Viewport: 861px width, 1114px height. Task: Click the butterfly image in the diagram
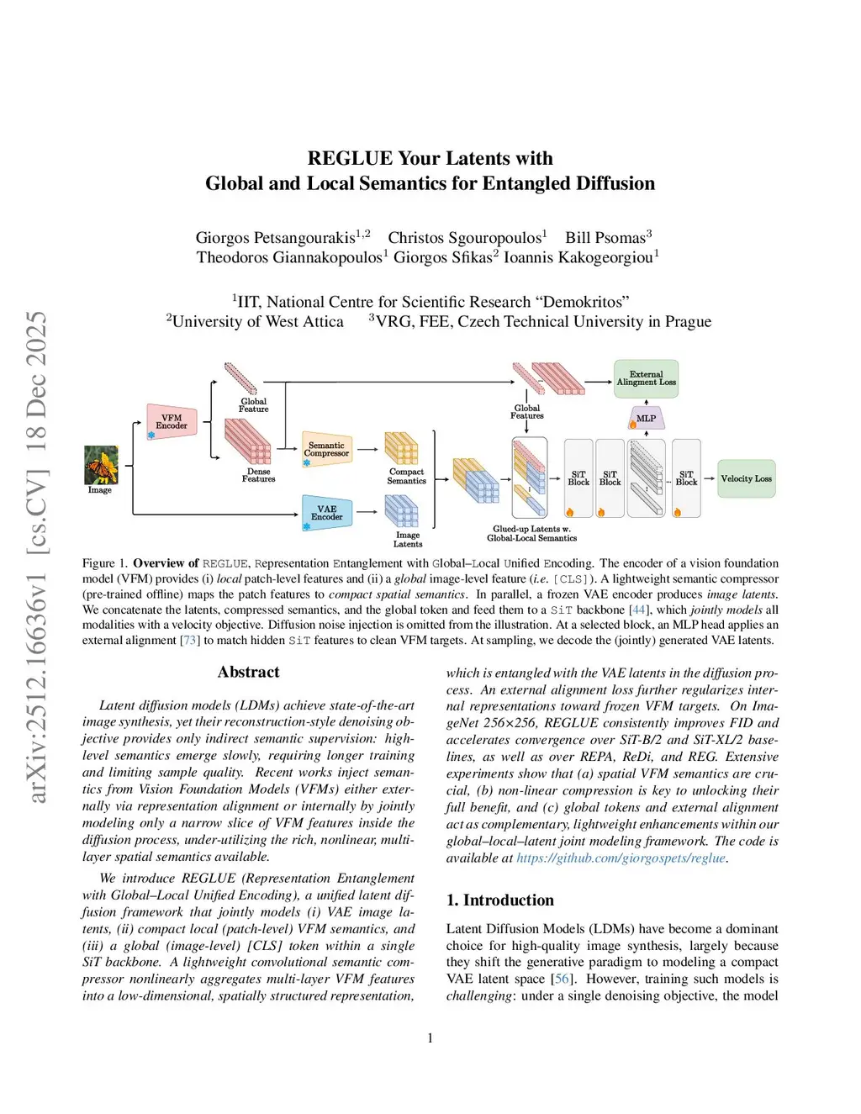[x=100, y=464]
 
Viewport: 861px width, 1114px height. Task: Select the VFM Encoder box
[x=172, y=421]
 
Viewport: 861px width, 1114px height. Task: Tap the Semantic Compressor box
[x=326, y=450]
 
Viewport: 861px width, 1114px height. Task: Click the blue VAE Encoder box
[x=326, y=512]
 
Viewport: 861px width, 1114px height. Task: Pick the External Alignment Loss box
[x=646, y=378]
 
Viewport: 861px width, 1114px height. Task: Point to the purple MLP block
[x=646, y=418]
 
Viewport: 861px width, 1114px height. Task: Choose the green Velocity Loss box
[x=746, y=478]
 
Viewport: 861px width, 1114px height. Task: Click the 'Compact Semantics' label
[x=406, y=477]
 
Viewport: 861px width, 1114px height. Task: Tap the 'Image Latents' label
[x=408, y=540]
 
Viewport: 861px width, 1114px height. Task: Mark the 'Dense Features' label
[x=258, y=475]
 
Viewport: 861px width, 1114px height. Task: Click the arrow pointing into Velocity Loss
[x=709, y=478]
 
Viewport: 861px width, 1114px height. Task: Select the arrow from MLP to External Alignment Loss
[x=646, y=403]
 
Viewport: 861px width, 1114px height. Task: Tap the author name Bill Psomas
[x=608, y=238]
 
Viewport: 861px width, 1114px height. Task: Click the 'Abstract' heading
[x=248, y=672]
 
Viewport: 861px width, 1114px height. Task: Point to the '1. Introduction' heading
[x=499, y=900]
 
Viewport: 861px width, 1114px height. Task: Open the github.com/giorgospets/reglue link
[x=620, y=858]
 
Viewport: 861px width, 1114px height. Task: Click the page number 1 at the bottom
[x=430, y=1037]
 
